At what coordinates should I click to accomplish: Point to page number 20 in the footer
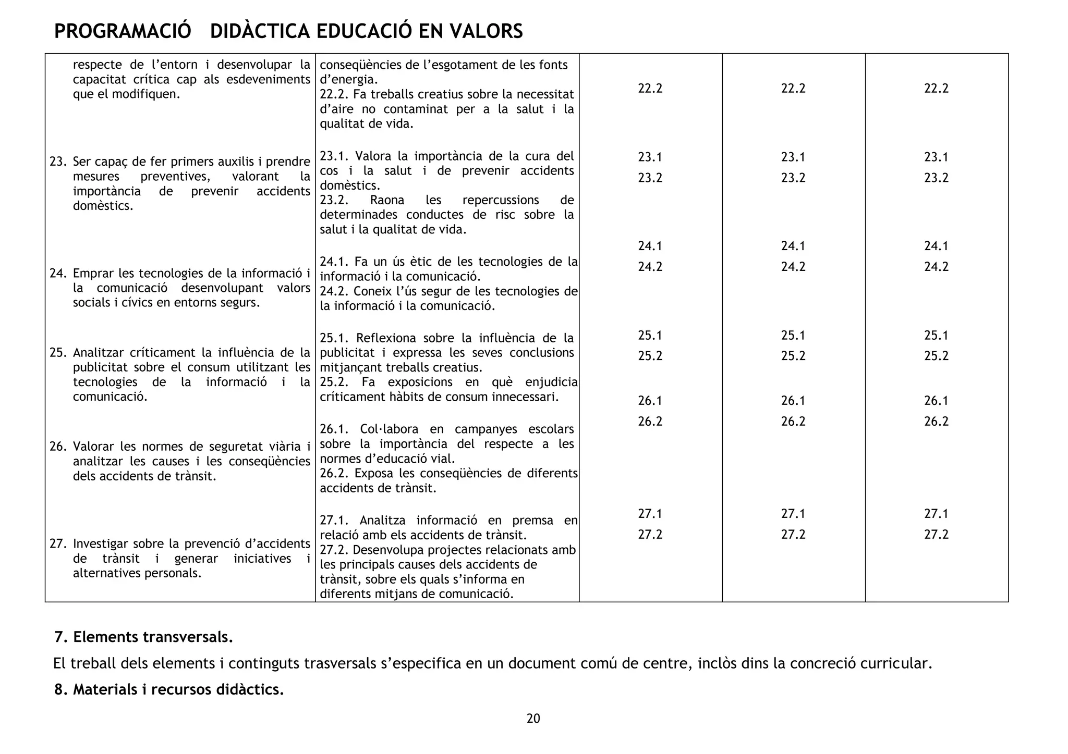tap(533, 719)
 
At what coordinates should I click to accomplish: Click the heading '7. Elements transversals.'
tap(144, 637)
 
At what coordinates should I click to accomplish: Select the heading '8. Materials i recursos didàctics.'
tap(169, 690)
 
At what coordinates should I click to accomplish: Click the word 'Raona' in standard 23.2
tap(384, 200)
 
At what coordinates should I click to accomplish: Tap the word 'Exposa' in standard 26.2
tap(374, 474)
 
